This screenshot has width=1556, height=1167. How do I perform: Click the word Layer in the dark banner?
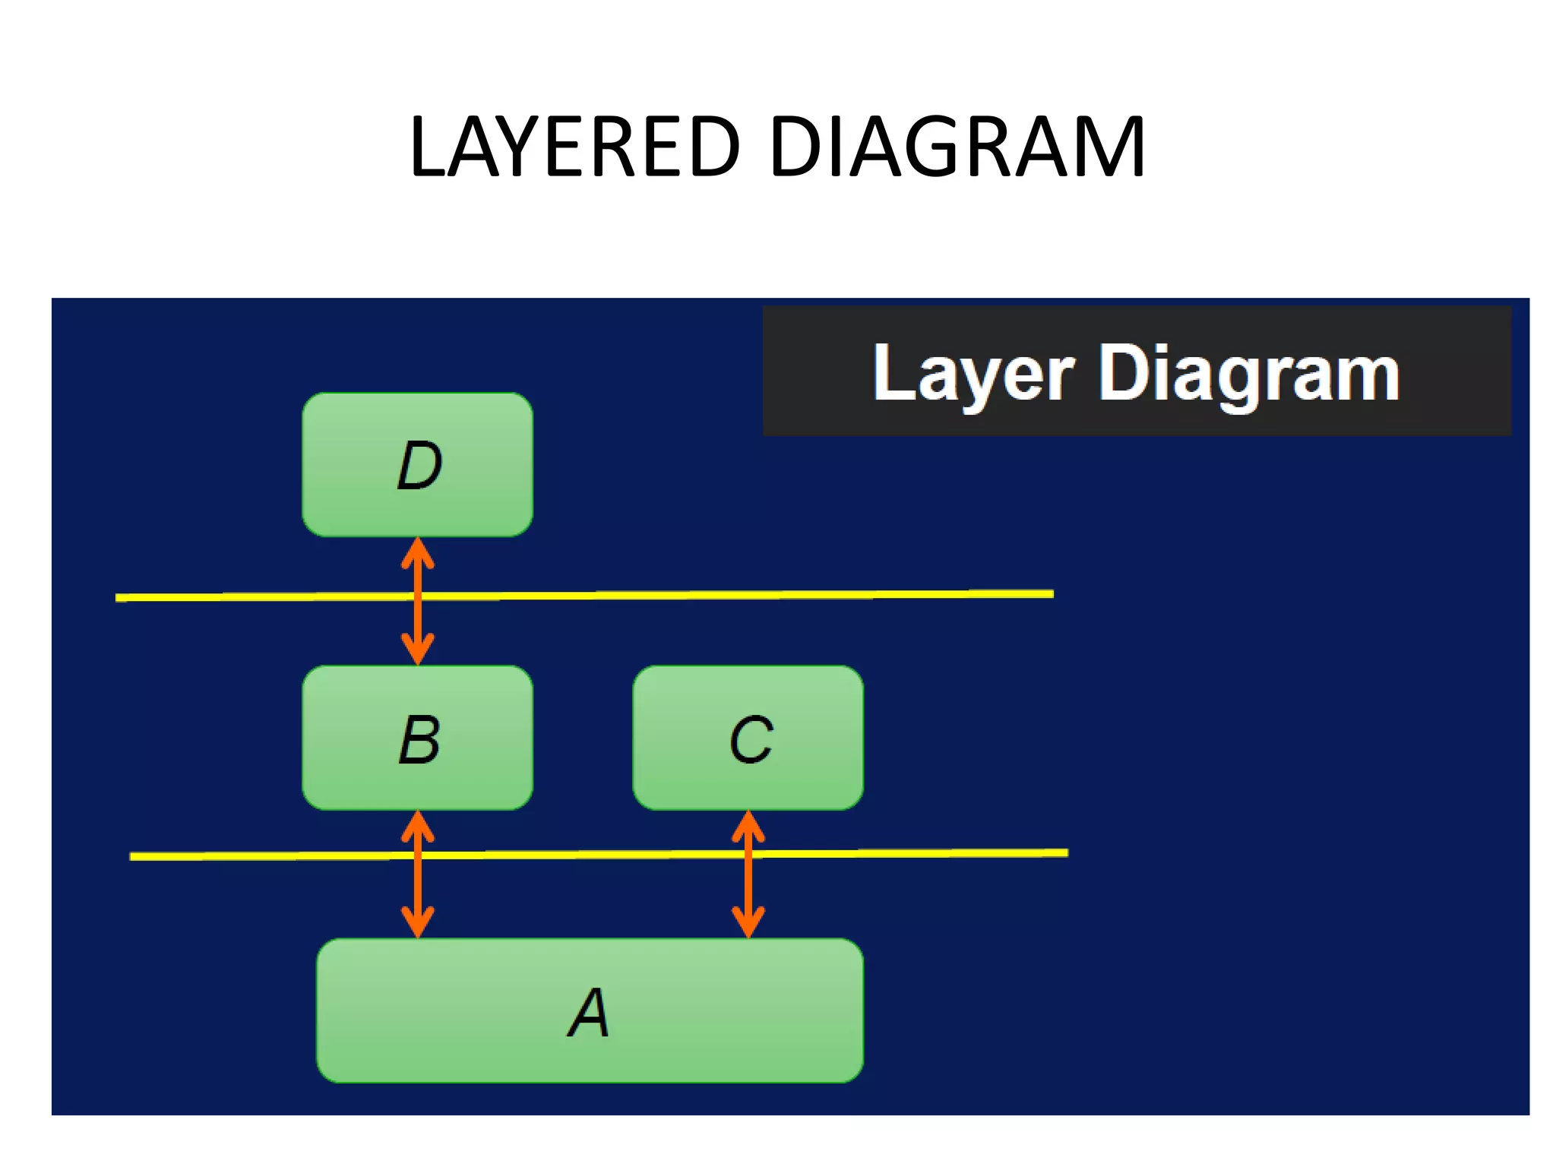(x=973, y=374)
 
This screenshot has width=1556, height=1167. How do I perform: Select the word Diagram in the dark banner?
(x=1249, y=374)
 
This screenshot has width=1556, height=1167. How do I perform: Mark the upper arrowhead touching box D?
(x=417, y=552)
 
